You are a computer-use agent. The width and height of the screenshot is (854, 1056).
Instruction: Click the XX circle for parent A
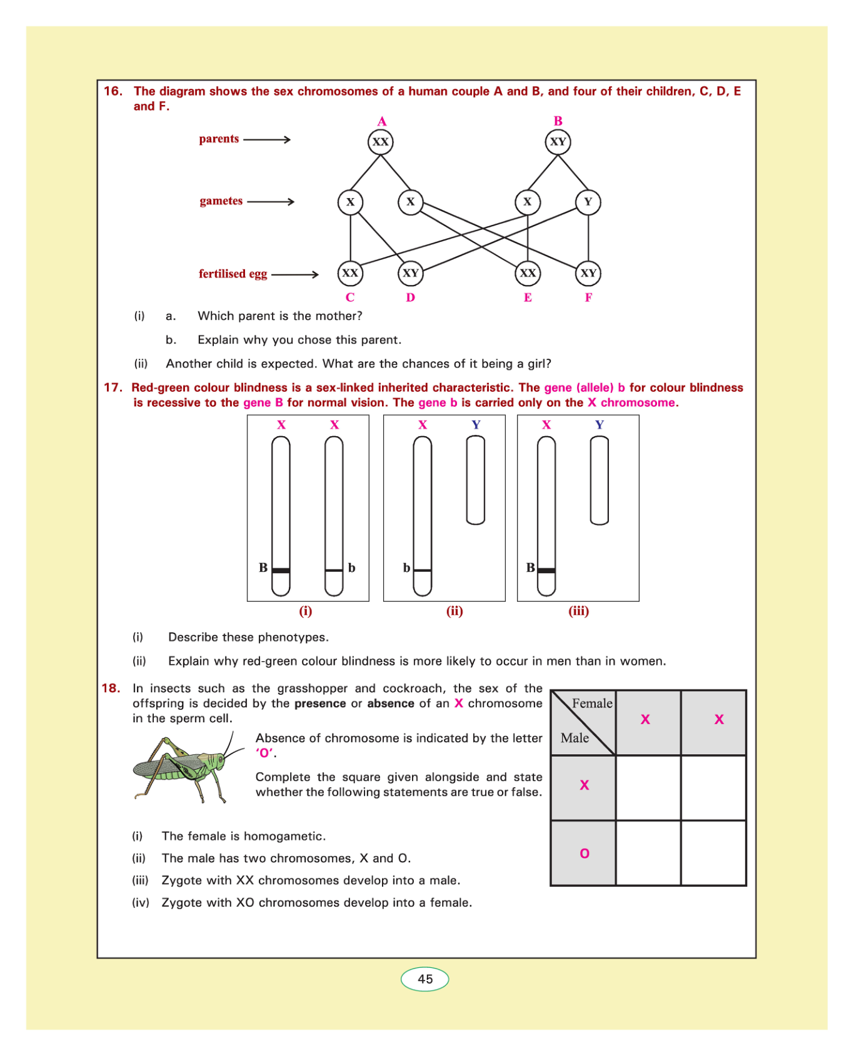tap(381, 142)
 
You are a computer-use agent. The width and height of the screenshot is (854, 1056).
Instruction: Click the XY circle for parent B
tap(558, 142)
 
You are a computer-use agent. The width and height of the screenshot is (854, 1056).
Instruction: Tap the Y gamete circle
tap(588, 202)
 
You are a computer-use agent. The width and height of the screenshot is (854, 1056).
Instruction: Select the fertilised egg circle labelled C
tap(350, 273)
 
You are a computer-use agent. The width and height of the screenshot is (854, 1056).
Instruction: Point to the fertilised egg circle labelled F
tap(588, 273)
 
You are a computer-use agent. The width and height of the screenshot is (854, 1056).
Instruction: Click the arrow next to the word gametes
tap(271, 202)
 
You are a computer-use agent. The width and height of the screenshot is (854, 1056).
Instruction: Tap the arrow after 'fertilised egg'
tap(295, 274)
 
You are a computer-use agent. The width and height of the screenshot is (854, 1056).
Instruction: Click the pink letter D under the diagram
tap(410, 297)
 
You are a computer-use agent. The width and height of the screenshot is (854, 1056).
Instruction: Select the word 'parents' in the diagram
tap(219, 139)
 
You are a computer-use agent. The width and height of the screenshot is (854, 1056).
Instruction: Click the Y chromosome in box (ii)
tap(476, 480)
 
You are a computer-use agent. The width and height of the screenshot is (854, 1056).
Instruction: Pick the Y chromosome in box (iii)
tap(600, 480)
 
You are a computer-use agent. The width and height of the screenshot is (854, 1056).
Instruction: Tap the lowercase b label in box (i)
tap(352, 568)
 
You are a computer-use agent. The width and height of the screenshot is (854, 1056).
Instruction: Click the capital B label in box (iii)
tap(530, 567)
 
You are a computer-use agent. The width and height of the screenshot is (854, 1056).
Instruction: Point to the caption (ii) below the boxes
tap(455, 611)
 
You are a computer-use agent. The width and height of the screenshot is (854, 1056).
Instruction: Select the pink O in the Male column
tap(585, 854)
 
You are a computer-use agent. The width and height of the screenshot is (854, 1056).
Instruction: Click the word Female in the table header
tap(592, 704)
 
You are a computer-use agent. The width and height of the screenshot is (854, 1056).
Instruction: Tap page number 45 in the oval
tap(425, 979)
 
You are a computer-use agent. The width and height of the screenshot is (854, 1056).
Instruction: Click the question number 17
tap(113, 387)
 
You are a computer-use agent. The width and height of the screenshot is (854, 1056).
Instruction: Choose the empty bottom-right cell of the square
tap(713, 854)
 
